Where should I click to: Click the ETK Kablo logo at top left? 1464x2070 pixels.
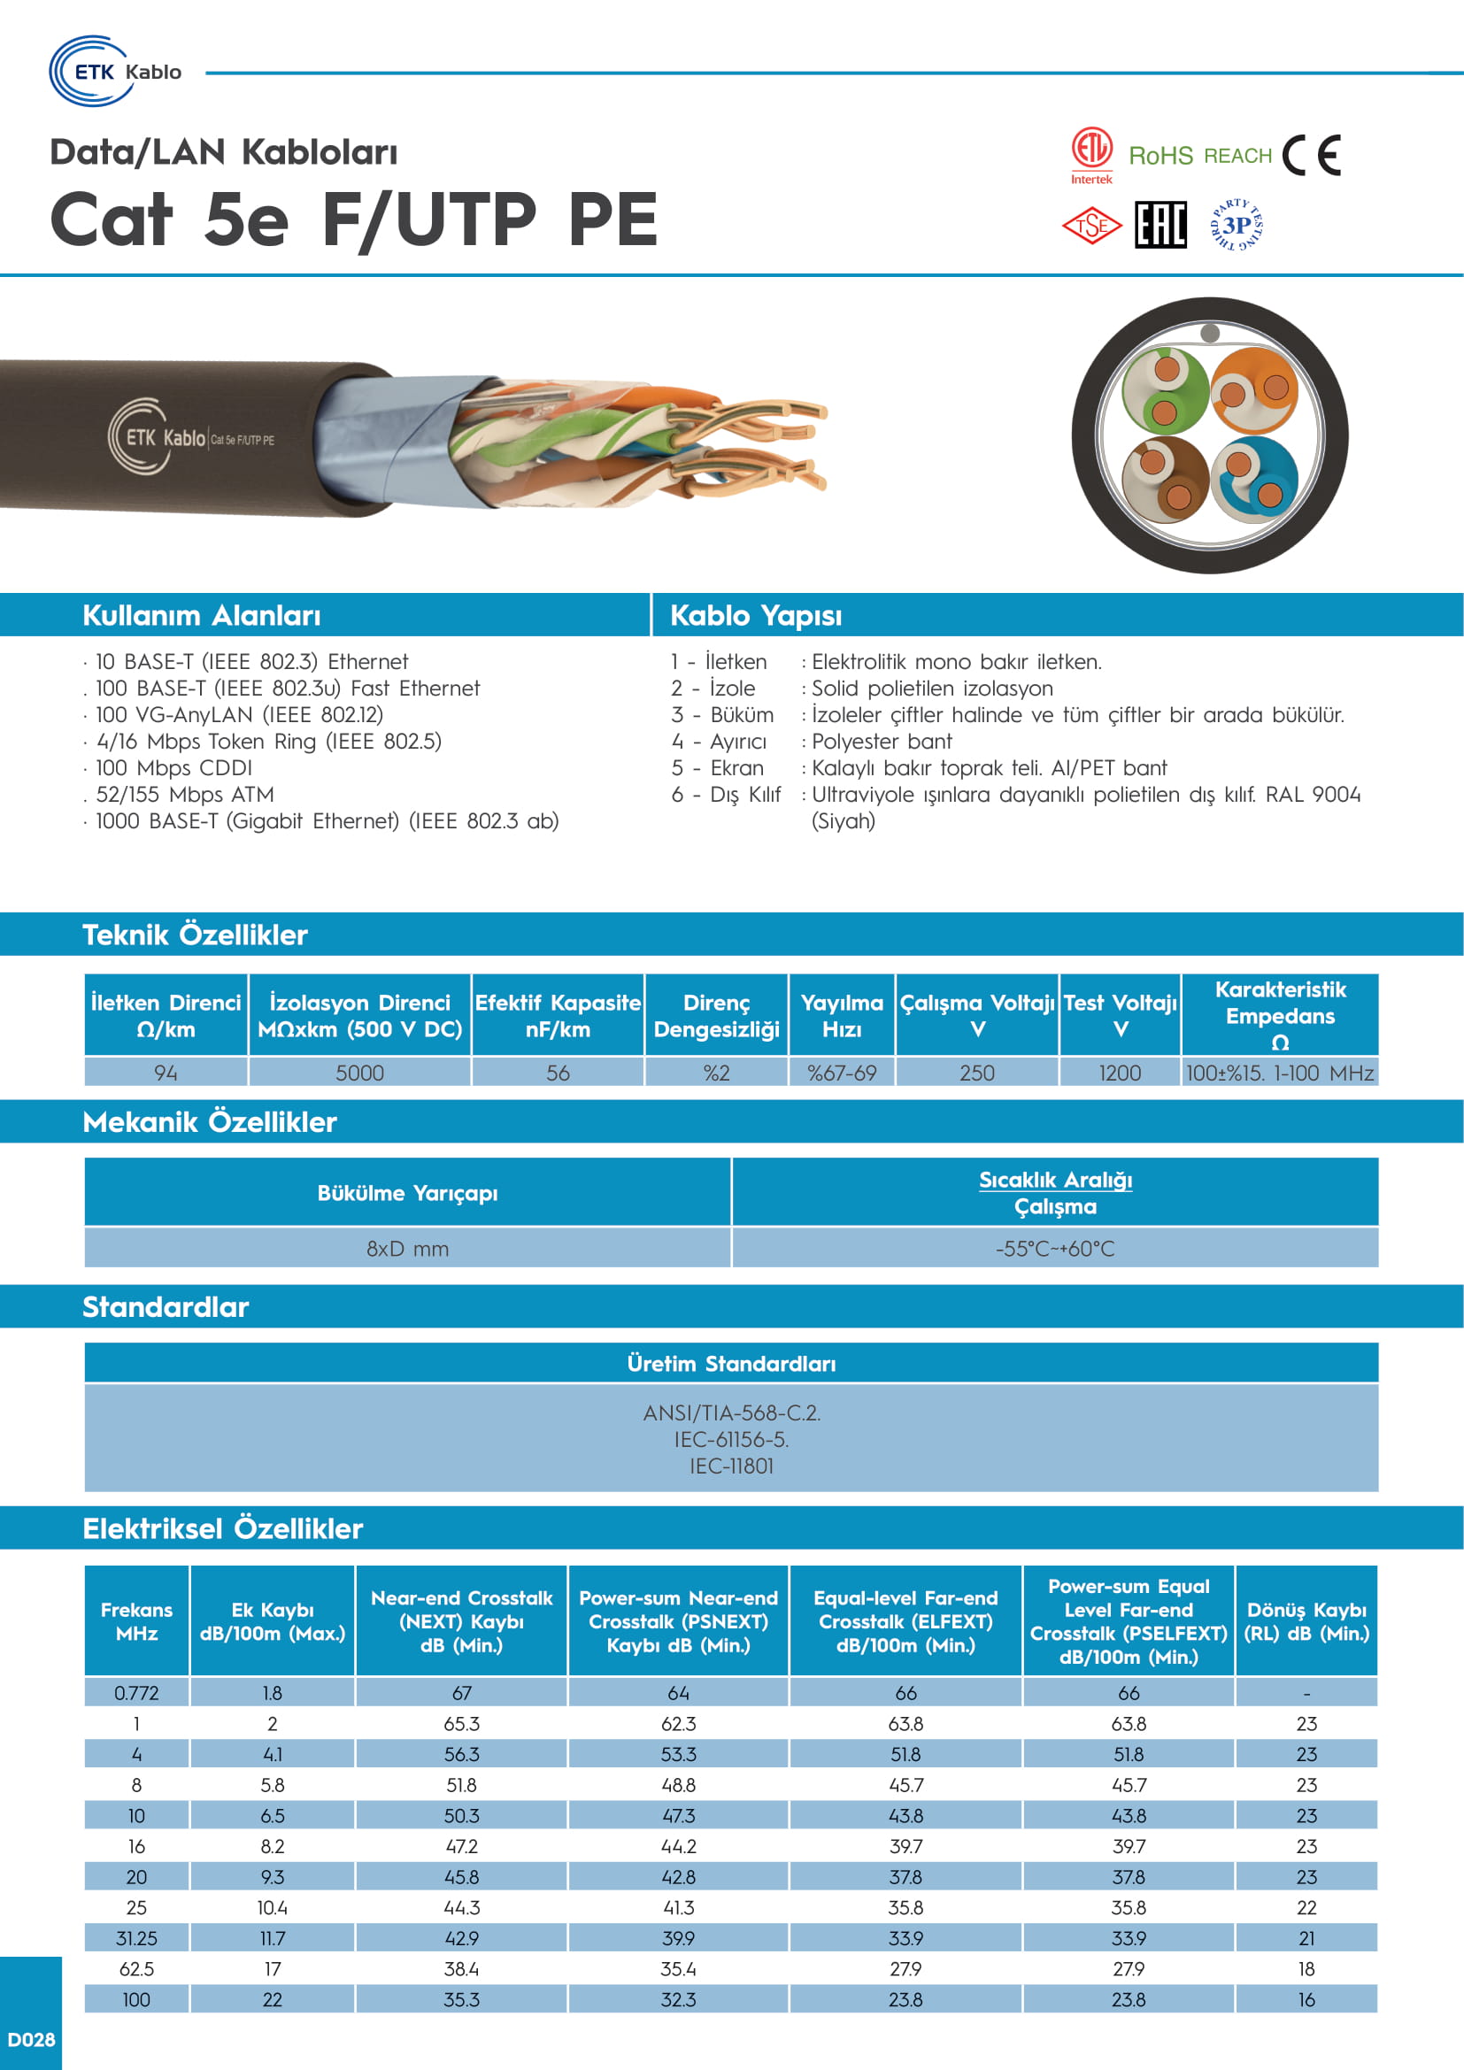point(114,71)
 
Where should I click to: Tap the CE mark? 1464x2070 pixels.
point(1312,155)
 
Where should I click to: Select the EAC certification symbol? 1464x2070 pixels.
point(1160,225)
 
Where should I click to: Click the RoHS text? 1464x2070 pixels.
point(1160,156)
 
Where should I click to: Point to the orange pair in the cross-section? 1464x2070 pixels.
point(1254,389)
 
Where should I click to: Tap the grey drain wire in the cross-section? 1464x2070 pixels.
point(1210,333)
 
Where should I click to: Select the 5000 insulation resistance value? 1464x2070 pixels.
point(359,1073)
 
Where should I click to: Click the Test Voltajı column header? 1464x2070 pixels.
point(1120,1015)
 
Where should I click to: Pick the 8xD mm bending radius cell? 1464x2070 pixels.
point(407,1249)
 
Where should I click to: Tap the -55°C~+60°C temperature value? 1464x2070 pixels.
point(1055,1249)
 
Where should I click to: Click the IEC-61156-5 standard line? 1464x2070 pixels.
point(731,1440)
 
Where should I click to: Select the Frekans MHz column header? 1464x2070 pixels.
point(137,1621)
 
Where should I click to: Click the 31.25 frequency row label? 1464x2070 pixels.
point(137,1938)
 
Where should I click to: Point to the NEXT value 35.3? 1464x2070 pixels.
point(461,2000)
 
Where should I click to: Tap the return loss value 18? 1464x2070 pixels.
point(1306,1969)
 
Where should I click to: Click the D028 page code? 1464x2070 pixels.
point(31,2039)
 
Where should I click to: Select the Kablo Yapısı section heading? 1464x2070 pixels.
point(755,616)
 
